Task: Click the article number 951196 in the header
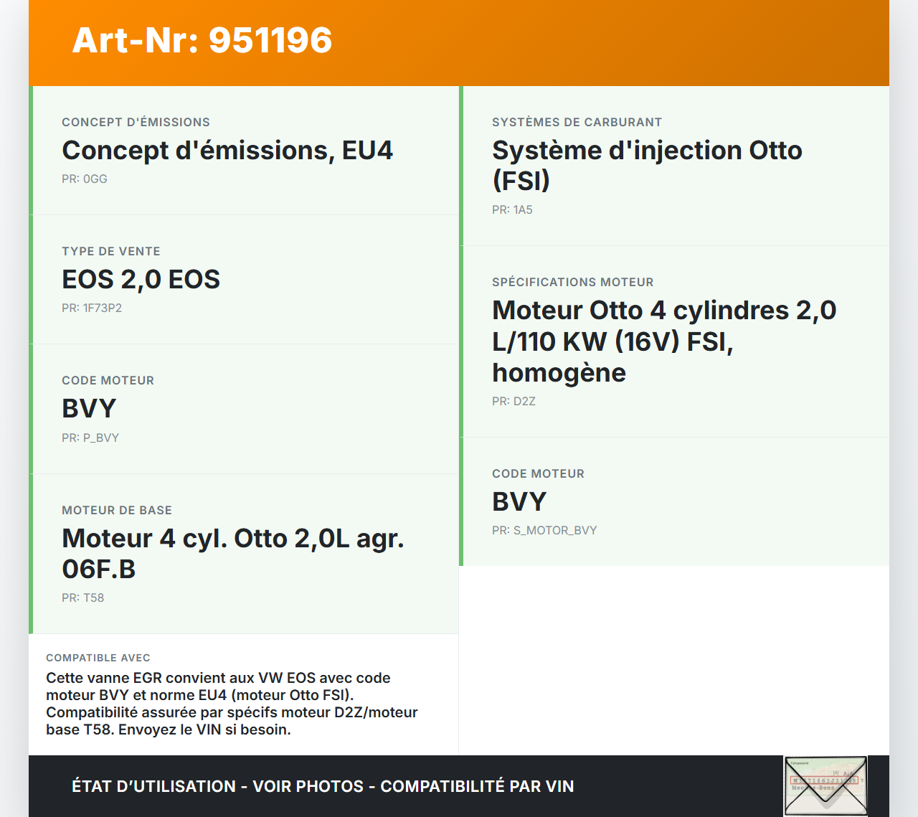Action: (x=270, y=40)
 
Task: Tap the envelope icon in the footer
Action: (x=825, y=786)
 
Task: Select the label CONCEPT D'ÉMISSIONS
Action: (x=136, y=123)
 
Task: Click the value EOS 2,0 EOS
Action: (x=141, y=279)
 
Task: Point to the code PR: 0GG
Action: (x=85, y=179)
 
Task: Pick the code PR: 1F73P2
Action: (x=92, y=308)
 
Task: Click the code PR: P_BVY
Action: (x=90, y=438)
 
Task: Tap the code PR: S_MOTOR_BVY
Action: (x=544, y=530)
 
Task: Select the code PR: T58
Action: (x=83, y=598)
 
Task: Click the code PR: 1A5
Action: (x=513, y=209)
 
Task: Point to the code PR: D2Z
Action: (x=514, y=401)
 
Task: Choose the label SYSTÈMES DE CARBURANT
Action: (x=577, y=123)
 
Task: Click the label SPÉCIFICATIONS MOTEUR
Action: (x=573, y=283)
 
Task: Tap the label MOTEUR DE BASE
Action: (x=117, y=510)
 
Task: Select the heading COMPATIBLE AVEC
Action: (x=98, y=658)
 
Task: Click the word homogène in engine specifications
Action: (x=559, y=373)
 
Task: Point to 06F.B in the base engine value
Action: (x=99, y=569)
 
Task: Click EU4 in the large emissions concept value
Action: (x=367, y=151)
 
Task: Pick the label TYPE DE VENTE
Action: (x=111, y=252)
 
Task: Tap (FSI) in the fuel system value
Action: (x=521, y=180)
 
